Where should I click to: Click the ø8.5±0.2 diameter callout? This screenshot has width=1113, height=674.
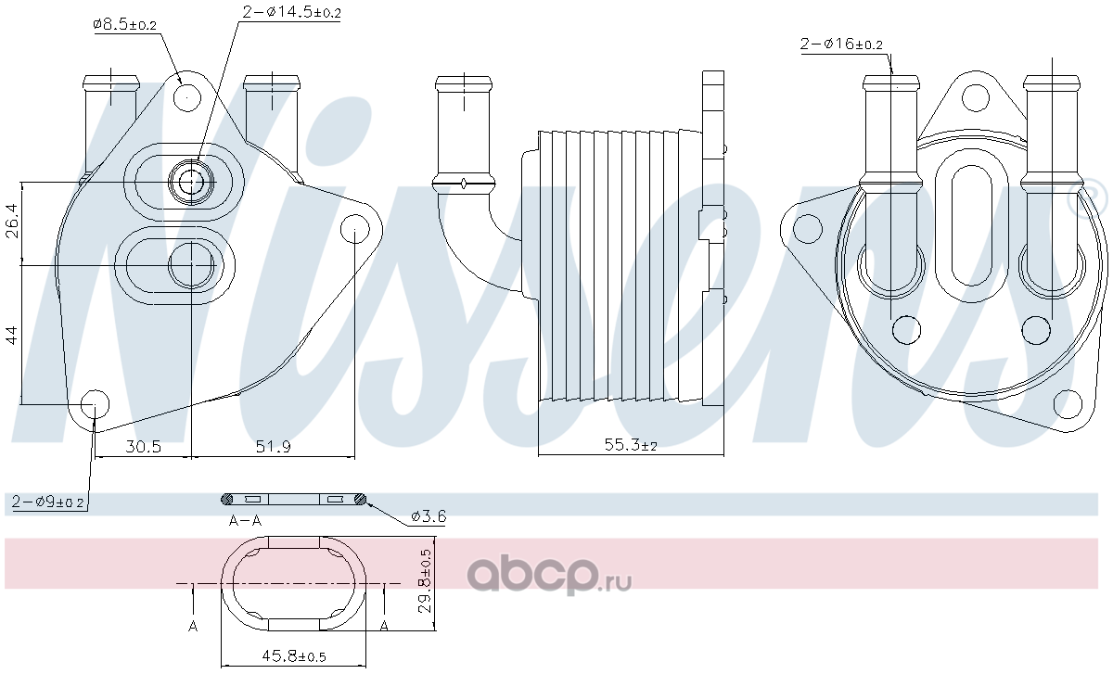tap(124, 24)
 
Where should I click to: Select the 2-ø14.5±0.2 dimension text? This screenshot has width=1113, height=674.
tap(291, 12)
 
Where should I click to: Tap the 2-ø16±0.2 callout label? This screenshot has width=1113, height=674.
tap(841, 45)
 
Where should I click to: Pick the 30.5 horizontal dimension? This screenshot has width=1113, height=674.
tap(143, 447)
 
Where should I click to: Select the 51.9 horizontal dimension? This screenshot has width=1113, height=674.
tap(273, 447)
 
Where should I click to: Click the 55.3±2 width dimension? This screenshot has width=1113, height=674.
tap(631, 444)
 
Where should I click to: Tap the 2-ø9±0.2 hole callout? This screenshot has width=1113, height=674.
tap(47, 502)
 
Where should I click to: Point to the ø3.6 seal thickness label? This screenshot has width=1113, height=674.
tap(429, 517)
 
